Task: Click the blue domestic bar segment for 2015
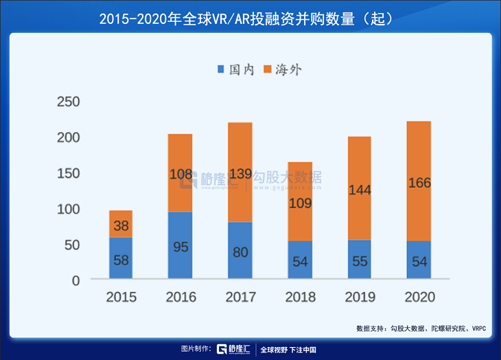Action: pos(121,259)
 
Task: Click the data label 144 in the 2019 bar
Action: pos(360,190)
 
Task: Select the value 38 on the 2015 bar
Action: pos(121,226)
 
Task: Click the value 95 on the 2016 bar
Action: pos(180,247)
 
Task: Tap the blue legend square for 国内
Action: pos(221,69)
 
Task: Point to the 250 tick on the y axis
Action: pos(68,102)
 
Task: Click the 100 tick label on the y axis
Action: pos(68,209)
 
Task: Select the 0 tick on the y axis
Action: pos(75,280)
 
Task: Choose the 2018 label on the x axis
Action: pos(300,297)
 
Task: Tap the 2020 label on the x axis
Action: pos(419,297)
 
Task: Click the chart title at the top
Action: pos(250,19)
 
